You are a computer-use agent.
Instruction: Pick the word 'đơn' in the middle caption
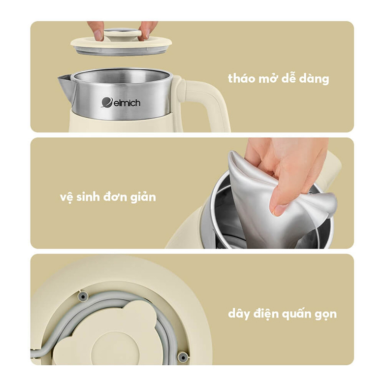click(x=117, y=197)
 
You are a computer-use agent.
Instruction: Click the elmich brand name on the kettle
click(x=126, y=103)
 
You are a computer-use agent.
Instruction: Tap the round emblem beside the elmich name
click(x=106, y=102)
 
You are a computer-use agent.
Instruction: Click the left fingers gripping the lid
click(x=96, y=31)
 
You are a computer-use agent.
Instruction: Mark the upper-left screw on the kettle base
click(x=83, y=296)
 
